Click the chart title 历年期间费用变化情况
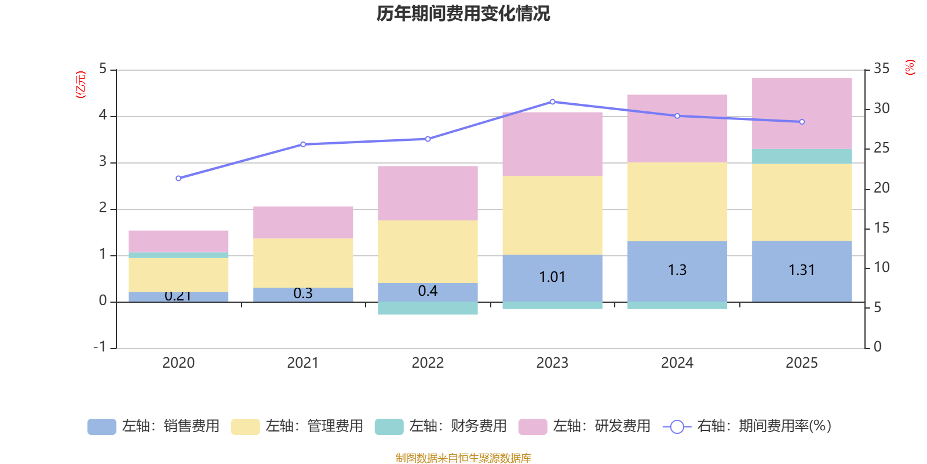point(463,13)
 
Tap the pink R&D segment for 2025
point(802,113)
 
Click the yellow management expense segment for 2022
point(428,251)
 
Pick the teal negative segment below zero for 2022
point(428,308)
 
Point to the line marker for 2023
point(552,102)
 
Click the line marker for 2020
point(178,178)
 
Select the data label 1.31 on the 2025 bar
point(802,270)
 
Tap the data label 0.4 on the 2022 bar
point(428,291)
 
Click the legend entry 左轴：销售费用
point(154,426)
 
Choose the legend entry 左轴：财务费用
point(441,426)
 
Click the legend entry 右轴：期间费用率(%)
point(747,426)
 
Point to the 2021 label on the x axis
point(302,363)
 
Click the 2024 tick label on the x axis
point(677,363)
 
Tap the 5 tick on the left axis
point(103,69)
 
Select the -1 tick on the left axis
point(100,347)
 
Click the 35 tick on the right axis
point(881,69)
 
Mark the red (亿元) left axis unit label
point(81,85)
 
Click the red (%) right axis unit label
point(910,67)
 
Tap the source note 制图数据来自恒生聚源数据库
point(463,458)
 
